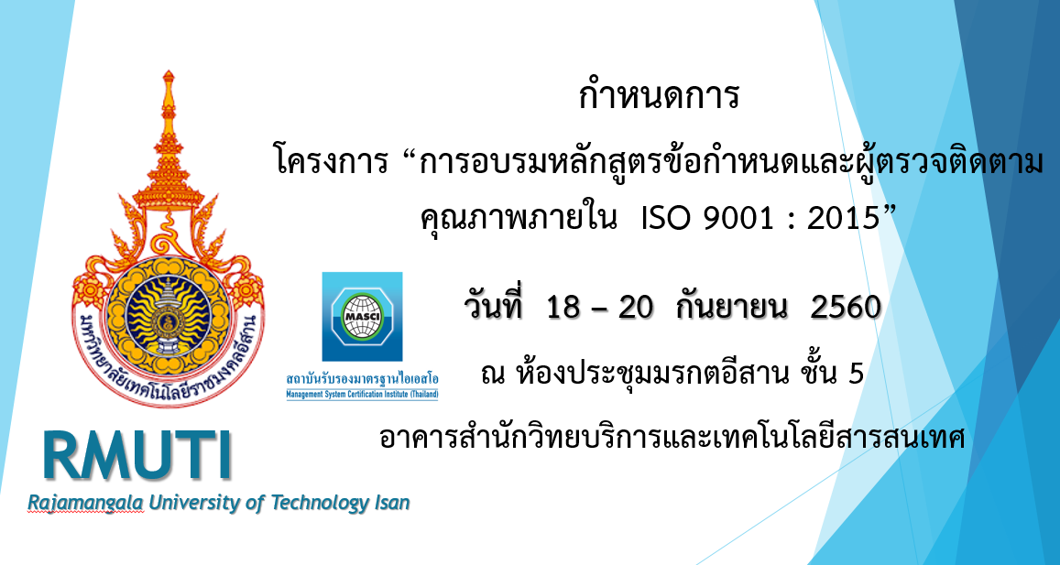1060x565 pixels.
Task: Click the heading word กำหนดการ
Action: (660, 97)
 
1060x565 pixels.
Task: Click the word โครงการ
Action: (332, 163)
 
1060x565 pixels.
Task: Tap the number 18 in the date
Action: (563, 309)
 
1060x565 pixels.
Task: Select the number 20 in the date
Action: (636, 309)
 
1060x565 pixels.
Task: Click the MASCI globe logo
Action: (363, 316)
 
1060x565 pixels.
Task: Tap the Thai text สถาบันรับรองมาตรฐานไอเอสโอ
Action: (363, 380)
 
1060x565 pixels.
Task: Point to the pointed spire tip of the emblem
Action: (169, 71)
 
